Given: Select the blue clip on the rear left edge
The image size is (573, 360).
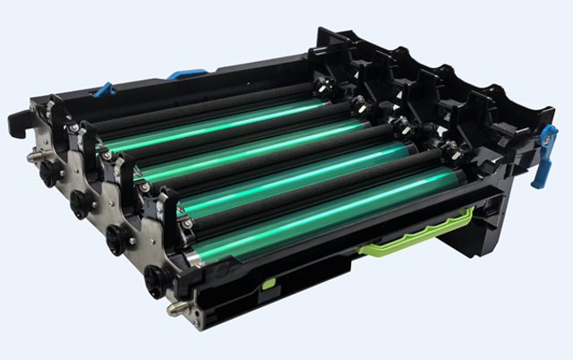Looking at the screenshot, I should tap(104, 90).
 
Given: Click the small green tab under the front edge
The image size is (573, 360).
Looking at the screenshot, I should tap(268, 284).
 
